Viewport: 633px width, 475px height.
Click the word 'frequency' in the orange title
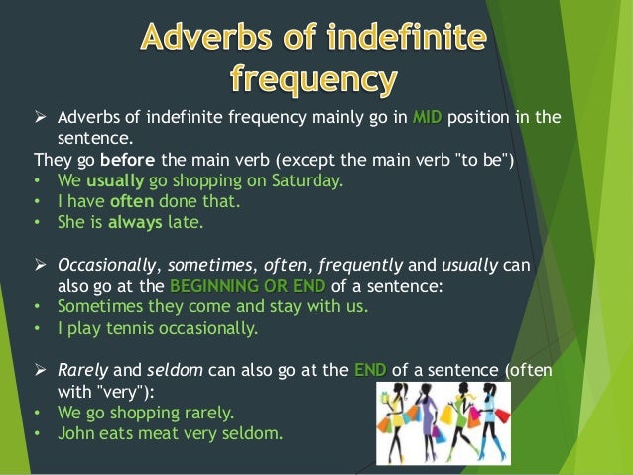coord(316,76)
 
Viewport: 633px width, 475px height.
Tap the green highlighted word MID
coord(427,118)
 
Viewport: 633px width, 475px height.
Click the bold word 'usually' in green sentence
coord(116,180)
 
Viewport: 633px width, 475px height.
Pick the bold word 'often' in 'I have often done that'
coord(131,201)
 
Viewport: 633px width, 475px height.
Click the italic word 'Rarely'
coord(82,370)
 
